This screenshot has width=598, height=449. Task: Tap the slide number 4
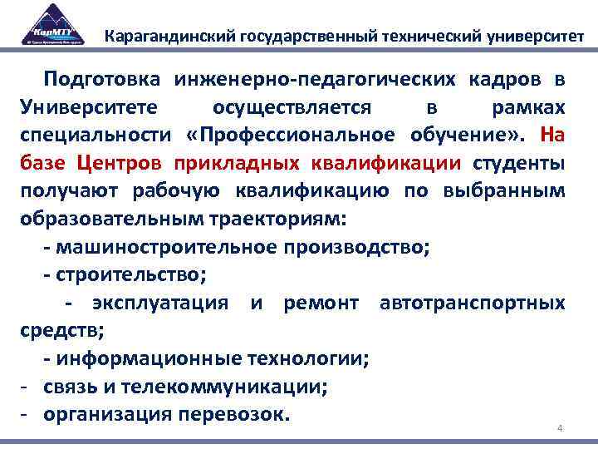pyautogui.click(x=560, y=428)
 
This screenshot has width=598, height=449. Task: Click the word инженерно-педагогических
pyautogui.click(x=315, y=80)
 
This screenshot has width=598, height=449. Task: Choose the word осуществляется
pyautogui.click(x=292, y=108)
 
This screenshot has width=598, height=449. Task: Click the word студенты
pyautogui.click(x=519, y=164)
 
